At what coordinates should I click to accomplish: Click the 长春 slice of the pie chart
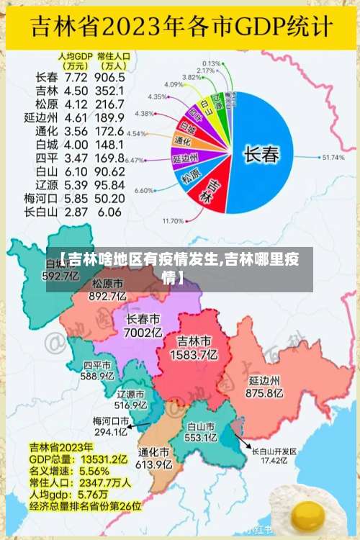click(x=259, y=153)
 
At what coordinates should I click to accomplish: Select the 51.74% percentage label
click(x=333, y=157)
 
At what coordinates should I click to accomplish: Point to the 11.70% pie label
click(x=174, y=220)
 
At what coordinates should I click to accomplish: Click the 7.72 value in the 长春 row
click(x=77, y=77)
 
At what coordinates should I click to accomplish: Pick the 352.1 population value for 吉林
click(x=110, y=91)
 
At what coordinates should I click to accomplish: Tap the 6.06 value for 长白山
click(x=109, y=212)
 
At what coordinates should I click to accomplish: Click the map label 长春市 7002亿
click(x=143, y=325)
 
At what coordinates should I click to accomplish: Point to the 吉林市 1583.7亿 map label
click(x=194, y=347)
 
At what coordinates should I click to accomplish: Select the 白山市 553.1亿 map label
click(x=202, y=431)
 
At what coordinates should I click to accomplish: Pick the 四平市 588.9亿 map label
click(x=98, y=370)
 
